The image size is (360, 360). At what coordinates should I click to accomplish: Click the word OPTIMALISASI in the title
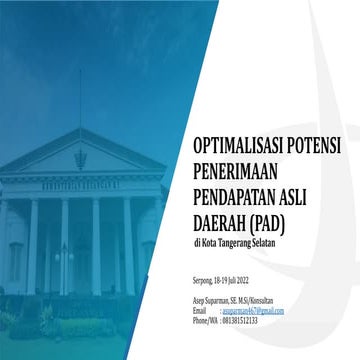237,146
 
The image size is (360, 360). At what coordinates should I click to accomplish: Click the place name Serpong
205,281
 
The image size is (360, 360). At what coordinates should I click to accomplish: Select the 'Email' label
200,311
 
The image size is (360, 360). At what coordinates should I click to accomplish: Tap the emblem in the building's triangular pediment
81,158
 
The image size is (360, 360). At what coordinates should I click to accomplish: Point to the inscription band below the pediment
80,184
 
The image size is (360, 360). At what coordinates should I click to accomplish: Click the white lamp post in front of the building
64,262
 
